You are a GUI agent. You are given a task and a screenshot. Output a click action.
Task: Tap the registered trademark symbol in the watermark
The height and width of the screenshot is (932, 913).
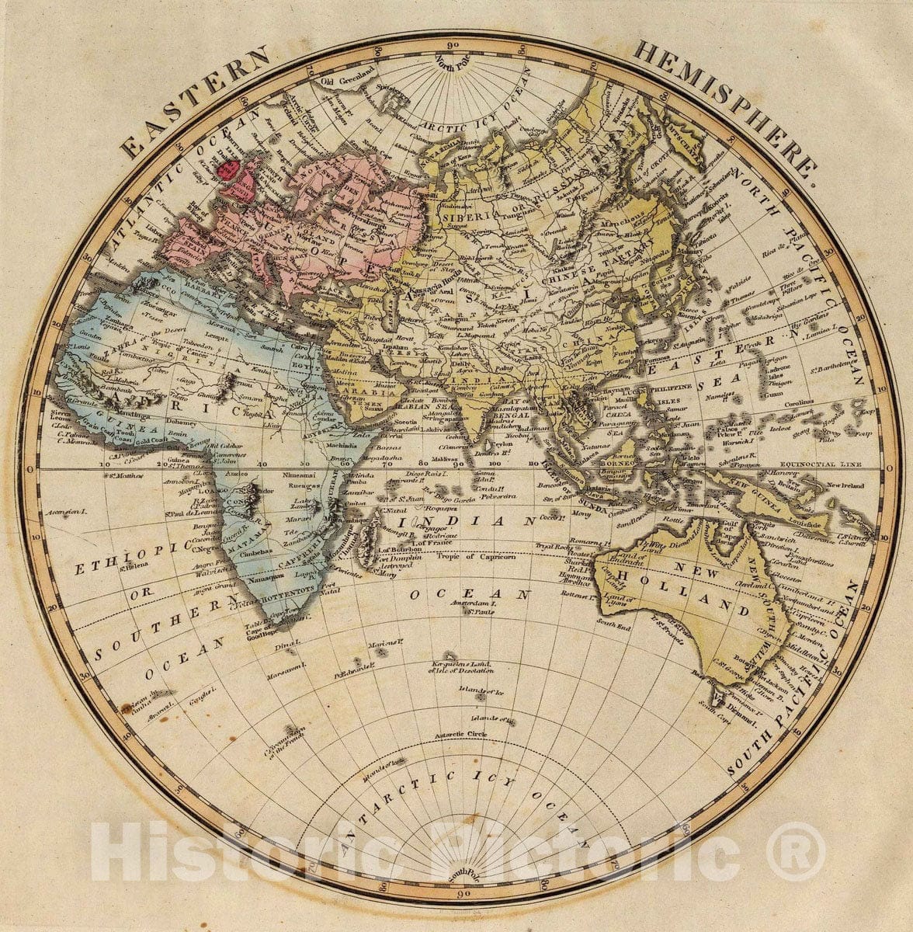tap(797, 852)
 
